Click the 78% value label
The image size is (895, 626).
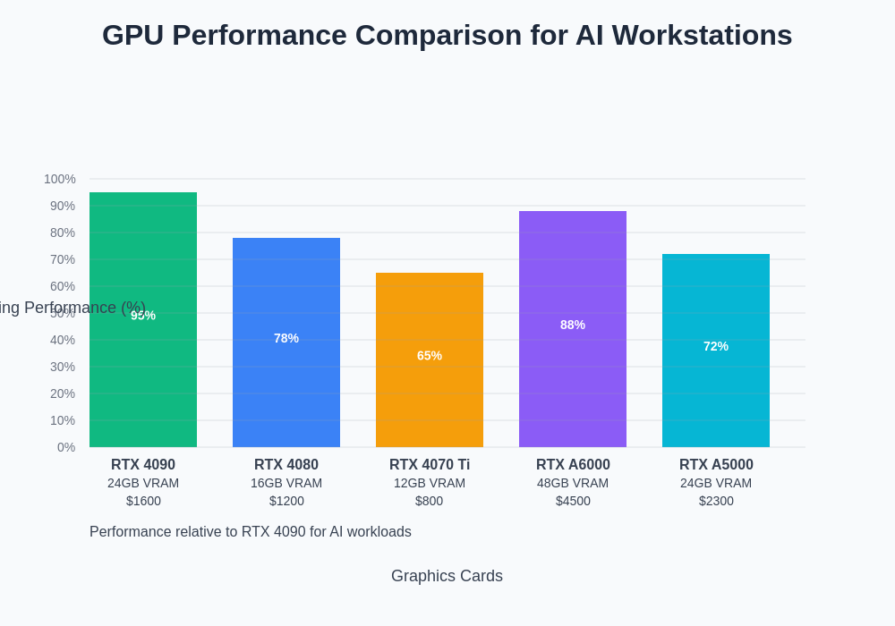point(286,338)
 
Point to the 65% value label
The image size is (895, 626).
point(430,355)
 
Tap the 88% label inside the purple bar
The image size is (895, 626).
point(573,325)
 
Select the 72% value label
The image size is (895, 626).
point(716,346)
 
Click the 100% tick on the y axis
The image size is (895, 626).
point(60,179)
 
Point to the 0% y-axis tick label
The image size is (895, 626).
point(66,447)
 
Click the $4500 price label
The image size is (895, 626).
point(573,501)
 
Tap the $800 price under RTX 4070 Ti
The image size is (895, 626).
point(430,501)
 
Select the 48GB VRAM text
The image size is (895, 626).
point(573,483)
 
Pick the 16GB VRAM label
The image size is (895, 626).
point(286,483)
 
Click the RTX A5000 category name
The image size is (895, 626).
point(716,465)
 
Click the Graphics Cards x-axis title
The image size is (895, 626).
point(447,576)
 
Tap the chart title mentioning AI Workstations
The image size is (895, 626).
point(447,35)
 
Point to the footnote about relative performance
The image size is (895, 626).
point(251,532)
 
